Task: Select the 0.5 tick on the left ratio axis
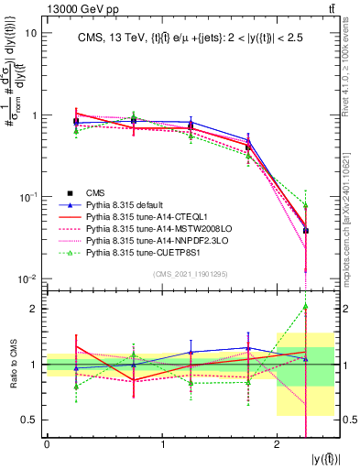(x=31, y=420)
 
